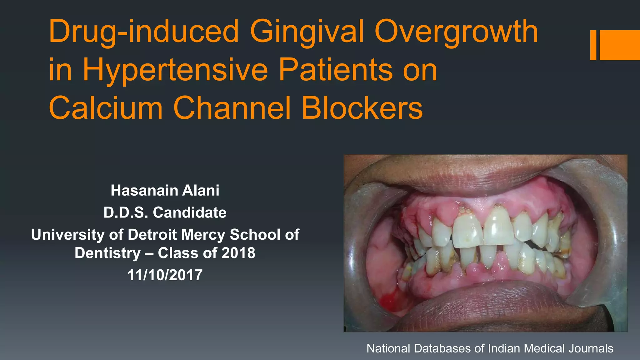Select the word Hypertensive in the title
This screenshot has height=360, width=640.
point(175,70)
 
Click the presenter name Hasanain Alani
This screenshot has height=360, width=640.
point(165,190)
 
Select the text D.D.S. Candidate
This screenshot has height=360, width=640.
point(165,212)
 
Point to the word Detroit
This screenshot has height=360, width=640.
point(152,234)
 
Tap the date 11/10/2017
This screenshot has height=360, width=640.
point(165,275)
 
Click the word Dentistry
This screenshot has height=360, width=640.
point(107,253)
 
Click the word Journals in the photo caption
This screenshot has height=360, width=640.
point(591,348)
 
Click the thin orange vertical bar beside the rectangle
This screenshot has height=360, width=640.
point(593,45)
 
